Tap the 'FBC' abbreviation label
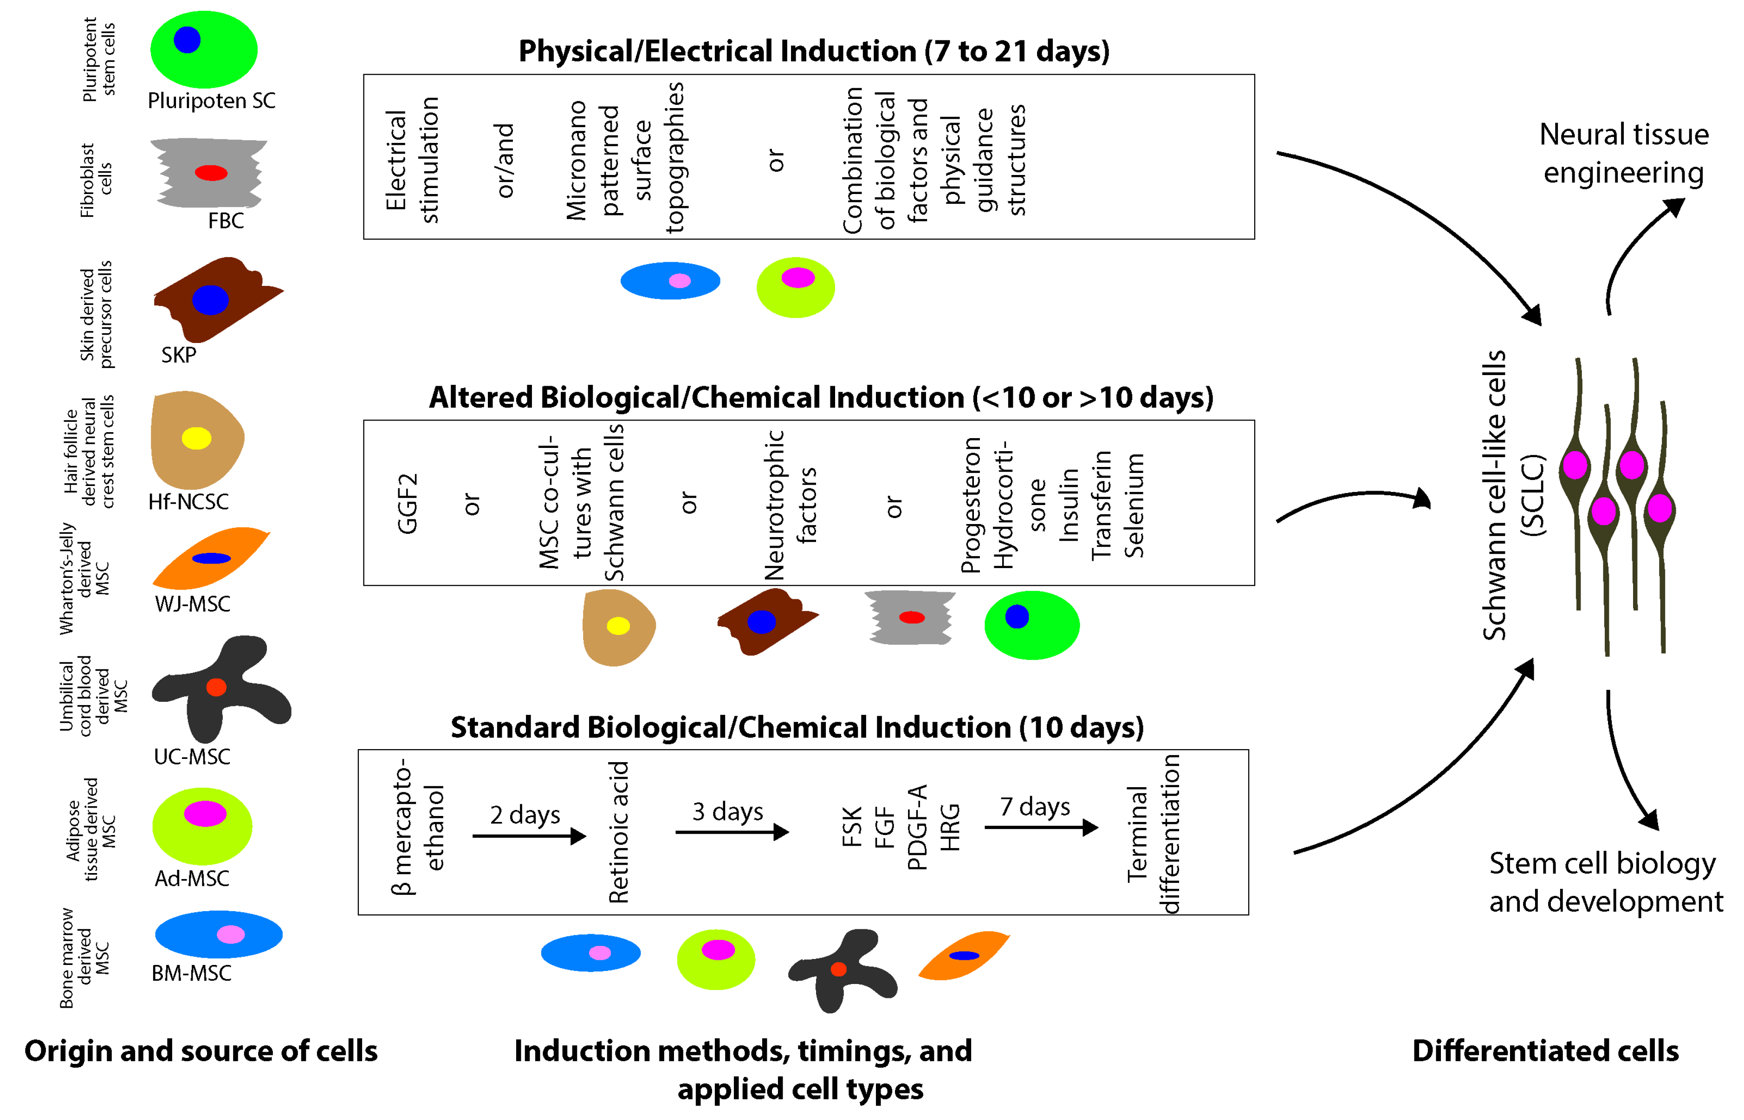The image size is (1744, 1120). pyautogui.click(x=226, y=220)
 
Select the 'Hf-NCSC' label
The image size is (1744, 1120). pyautogui.click(x=188, y=501)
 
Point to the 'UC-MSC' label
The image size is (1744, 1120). pyautogui.click(x=192, y=757)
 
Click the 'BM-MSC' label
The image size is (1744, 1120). pyautogui.click(x=191, y=973)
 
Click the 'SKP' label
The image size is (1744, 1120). pyautogui.click(x=179, y=355)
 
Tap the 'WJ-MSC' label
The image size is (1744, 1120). pyautogui.click(x=193, y=604)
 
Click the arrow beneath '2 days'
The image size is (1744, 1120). pyautogui.click(x=529, y=836)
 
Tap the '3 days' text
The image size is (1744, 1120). pyautogui.click(x=727, y=811)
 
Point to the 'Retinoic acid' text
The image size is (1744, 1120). pyautogui.click(x=618, y=832)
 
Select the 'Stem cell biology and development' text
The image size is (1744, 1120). pyautogui.click(x=1605, y=882)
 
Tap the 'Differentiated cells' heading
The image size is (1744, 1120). pyautogui.click(x=1545, y=1051)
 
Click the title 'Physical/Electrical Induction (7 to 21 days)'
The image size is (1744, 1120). pyautogui.click(x=814, y=51)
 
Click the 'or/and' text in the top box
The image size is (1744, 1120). pyautogui.click(x=505, y=161)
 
